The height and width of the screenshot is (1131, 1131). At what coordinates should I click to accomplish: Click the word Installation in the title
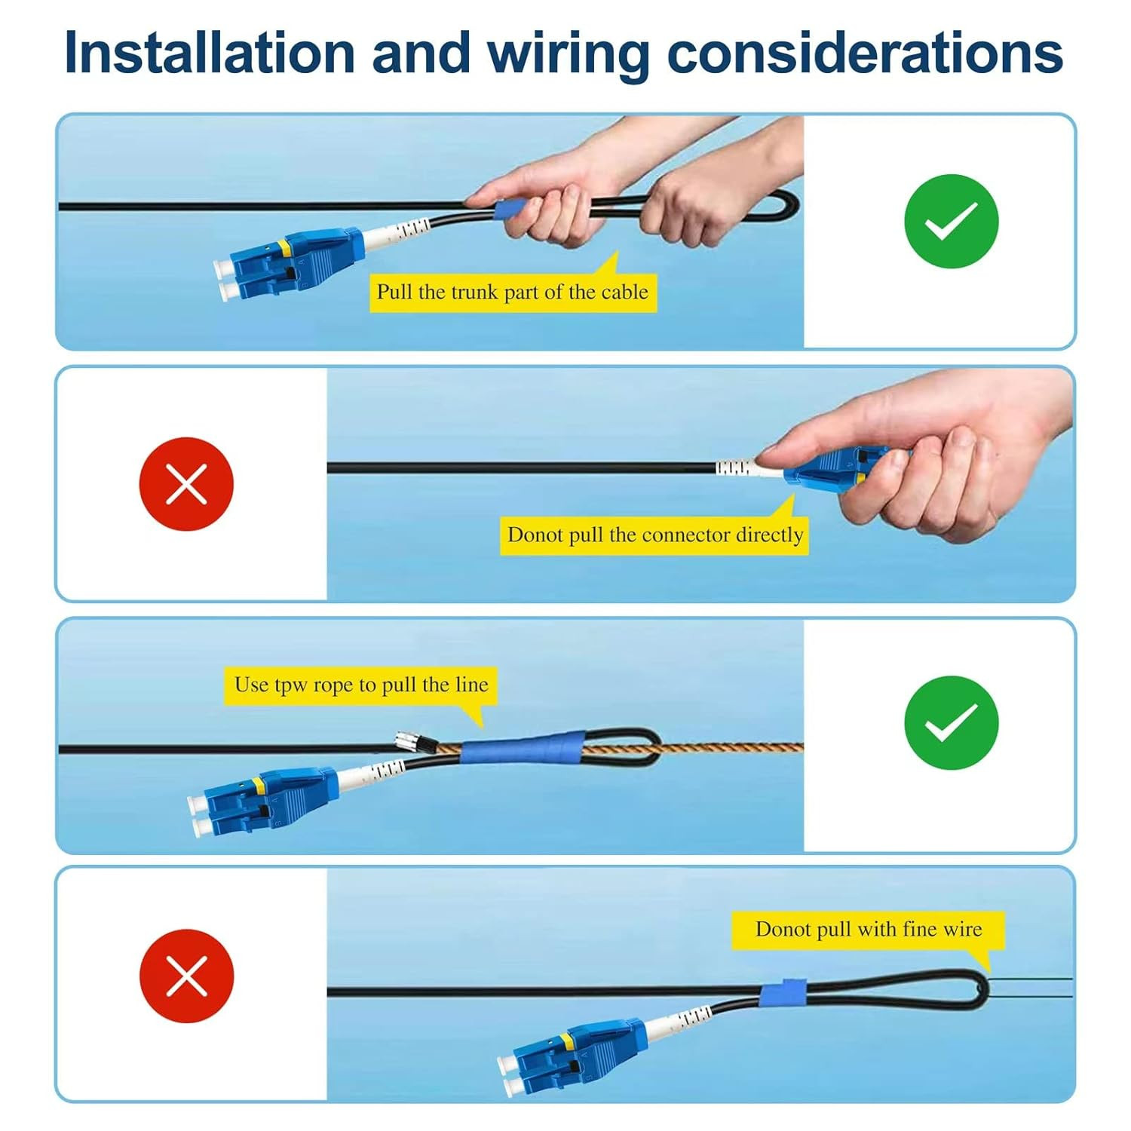pyautogui.click(x=209, y=52)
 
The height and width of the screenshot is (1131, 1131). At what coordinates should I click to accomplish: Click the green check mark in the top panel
pyautogui.click(x=952, y=222)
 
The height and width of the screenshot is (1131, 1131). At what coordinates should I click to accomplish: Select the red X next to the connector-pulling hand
pyautogui.click(x=186, y=484)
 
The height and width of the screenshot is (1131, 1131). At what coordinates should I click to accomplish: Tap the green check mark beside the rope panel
pyautogui.click(x=952, y=723)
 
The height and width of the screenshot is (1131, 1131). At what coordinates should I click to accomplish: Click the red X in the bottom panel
pyautogui.click(x=186, y=976)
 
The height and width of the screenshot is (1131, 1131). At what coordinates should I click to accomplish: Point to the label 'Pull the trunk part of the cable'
pyautogui.click(x=513, y=292)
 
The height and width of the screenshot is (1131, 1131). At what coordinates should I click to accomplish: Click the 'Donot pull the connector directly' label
pyautogui.click(x=654, y=535)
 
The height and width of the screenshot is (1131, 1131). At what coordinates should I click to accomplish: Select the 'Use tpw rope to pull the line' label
pyautogui.click(x=361, y=685)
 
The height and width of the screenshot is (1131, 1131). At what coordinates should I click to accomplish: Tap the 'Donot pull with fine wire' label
pyautogui.click(x=869, y=930)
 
